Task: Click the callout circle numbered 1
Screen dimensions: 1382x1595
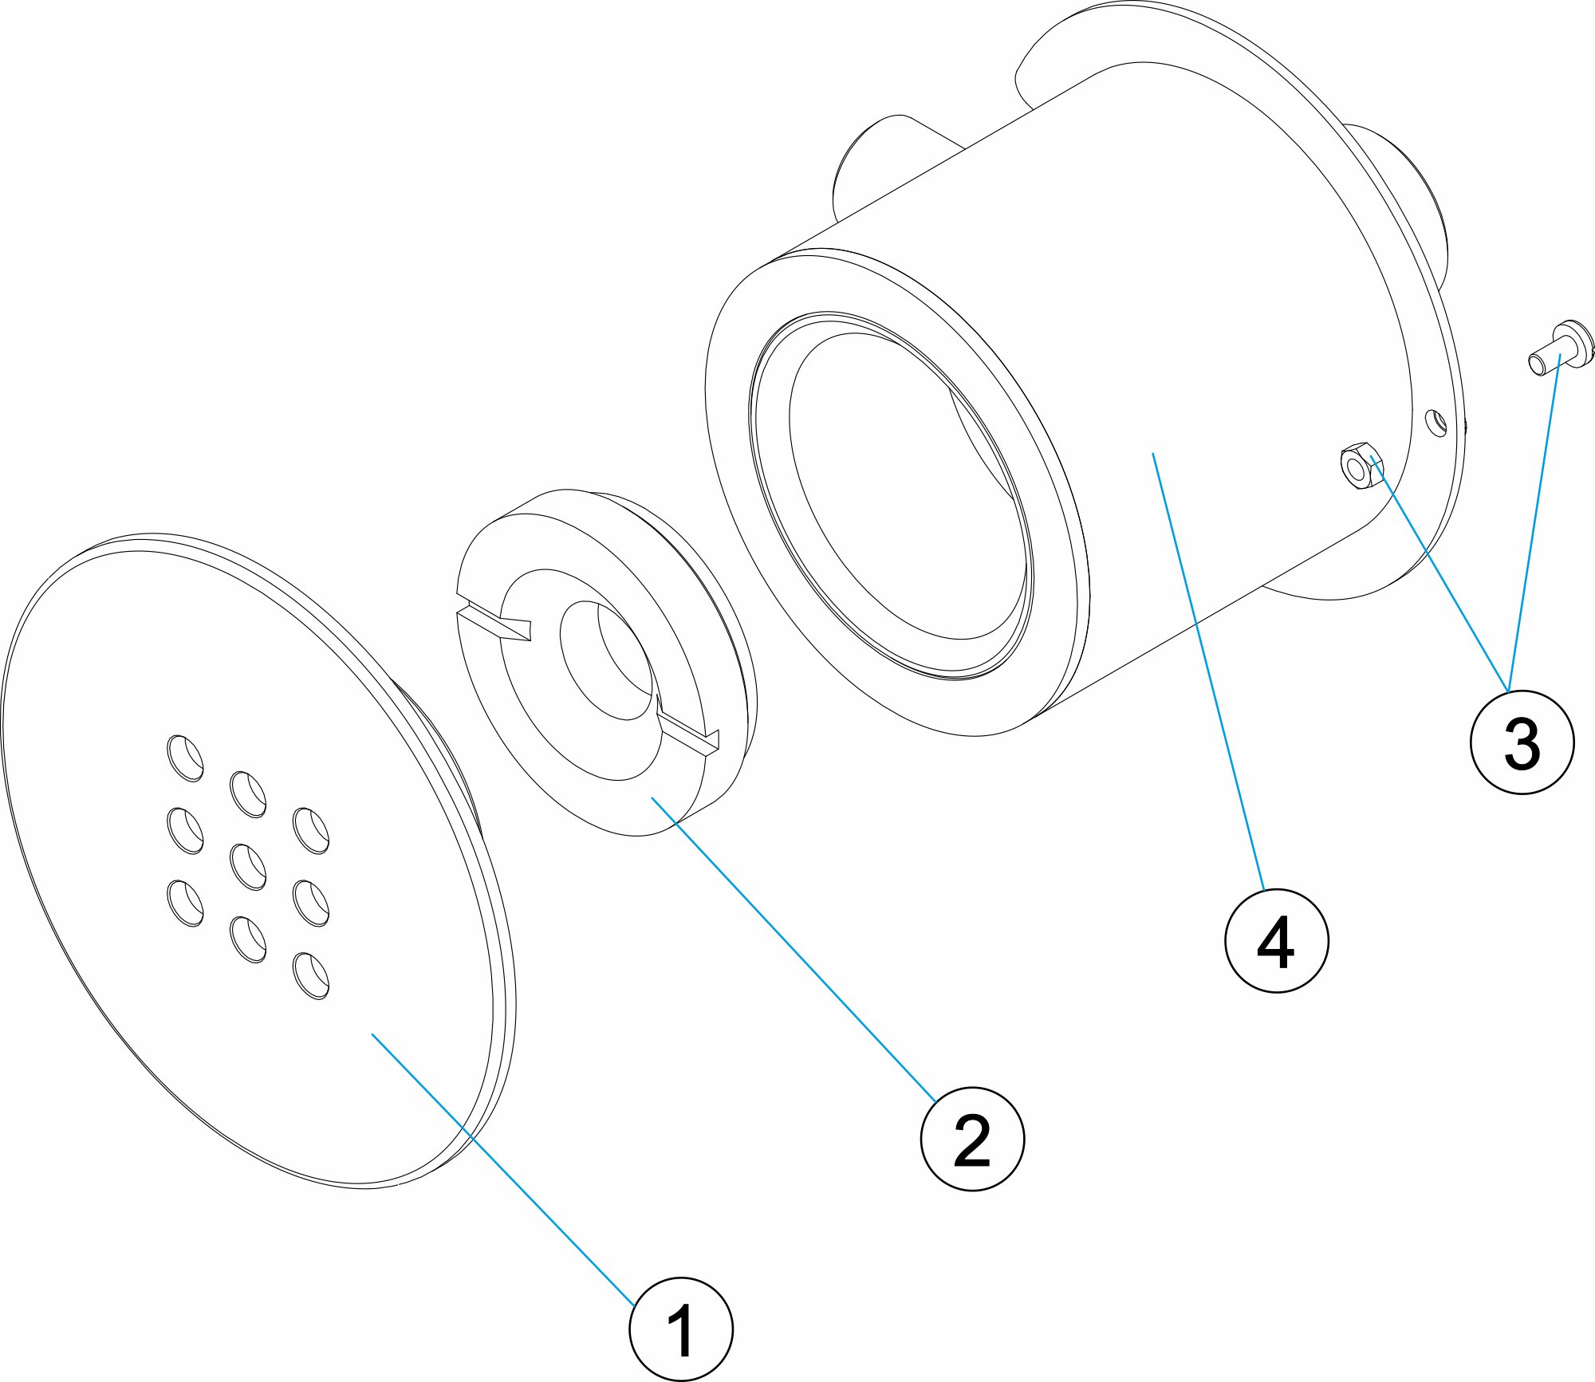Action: [680, 1329]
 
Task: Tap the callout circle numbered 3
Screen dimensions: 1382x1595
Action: [1522, 742]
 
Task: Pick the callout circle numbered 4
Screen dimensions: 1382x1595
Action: [1276, 941]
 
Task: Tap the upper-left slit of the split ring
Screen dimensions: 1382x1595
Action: [494, 620]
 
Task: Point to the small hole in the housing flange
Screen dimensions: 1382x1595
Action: [1435, 423]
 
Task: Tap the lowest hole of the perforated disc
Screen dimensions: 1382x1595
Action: [312, 975]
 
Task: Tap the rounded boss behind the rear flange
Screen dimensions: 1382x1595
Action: [1404, 199]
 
